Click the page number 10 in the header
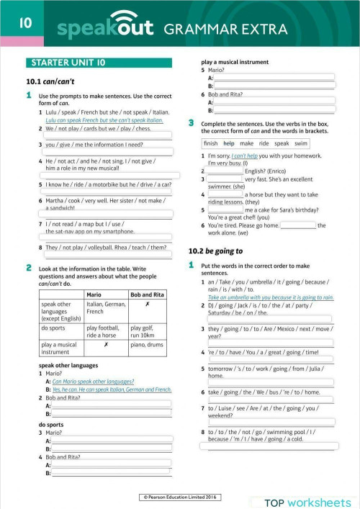(x=25, y=23)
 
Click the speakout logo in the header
(x=102, y=27)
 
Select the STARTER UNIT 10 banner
(x=64, y=63)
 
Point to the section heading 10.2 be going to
(x=215, y=251)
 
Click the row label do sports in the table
(x=55, y=328)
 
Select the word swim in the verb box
(x=301, y=143)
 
